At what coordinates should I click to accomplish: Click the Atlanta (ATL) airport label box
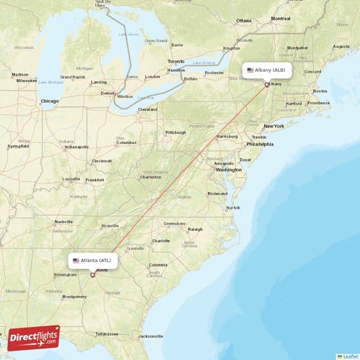(x=92, y=260)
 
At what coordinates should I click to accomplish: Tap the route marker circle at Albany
(x=267, y=84)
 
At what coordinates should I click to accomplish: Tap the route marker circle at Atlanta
(x=92, y=274)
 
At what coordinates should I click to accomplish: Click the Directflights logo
(x=35, y=337)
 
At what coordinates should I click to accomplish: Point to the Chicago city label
(x=50, y=102)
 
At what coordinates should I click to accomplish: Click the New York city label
(x=274, y=126)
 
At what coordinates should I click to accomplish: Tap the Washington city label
(x=228, y=170)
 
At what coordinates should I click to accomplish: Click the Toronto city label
(x=176, y=61)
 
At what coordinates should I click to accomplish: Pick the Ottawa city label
(x=243, y=20)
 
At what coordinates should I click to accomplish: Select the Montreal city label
(x=281, y=19)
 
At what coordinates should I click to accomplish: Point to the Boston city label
(x=320, y=91)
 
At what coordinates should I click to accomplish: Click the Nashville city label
(x=64, y=222)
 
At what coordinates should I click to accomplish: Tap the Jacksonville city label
(x=151, y=336)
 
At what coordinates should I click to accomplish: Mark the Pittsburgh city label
(x=175, y=132)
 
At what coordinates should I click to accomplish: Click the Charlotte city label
(x=161, y=240)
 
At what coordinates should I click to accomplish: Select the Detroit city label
(x=108, y=93)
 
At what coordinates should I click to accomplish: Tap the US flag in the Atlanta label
(x=76, y=260)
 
